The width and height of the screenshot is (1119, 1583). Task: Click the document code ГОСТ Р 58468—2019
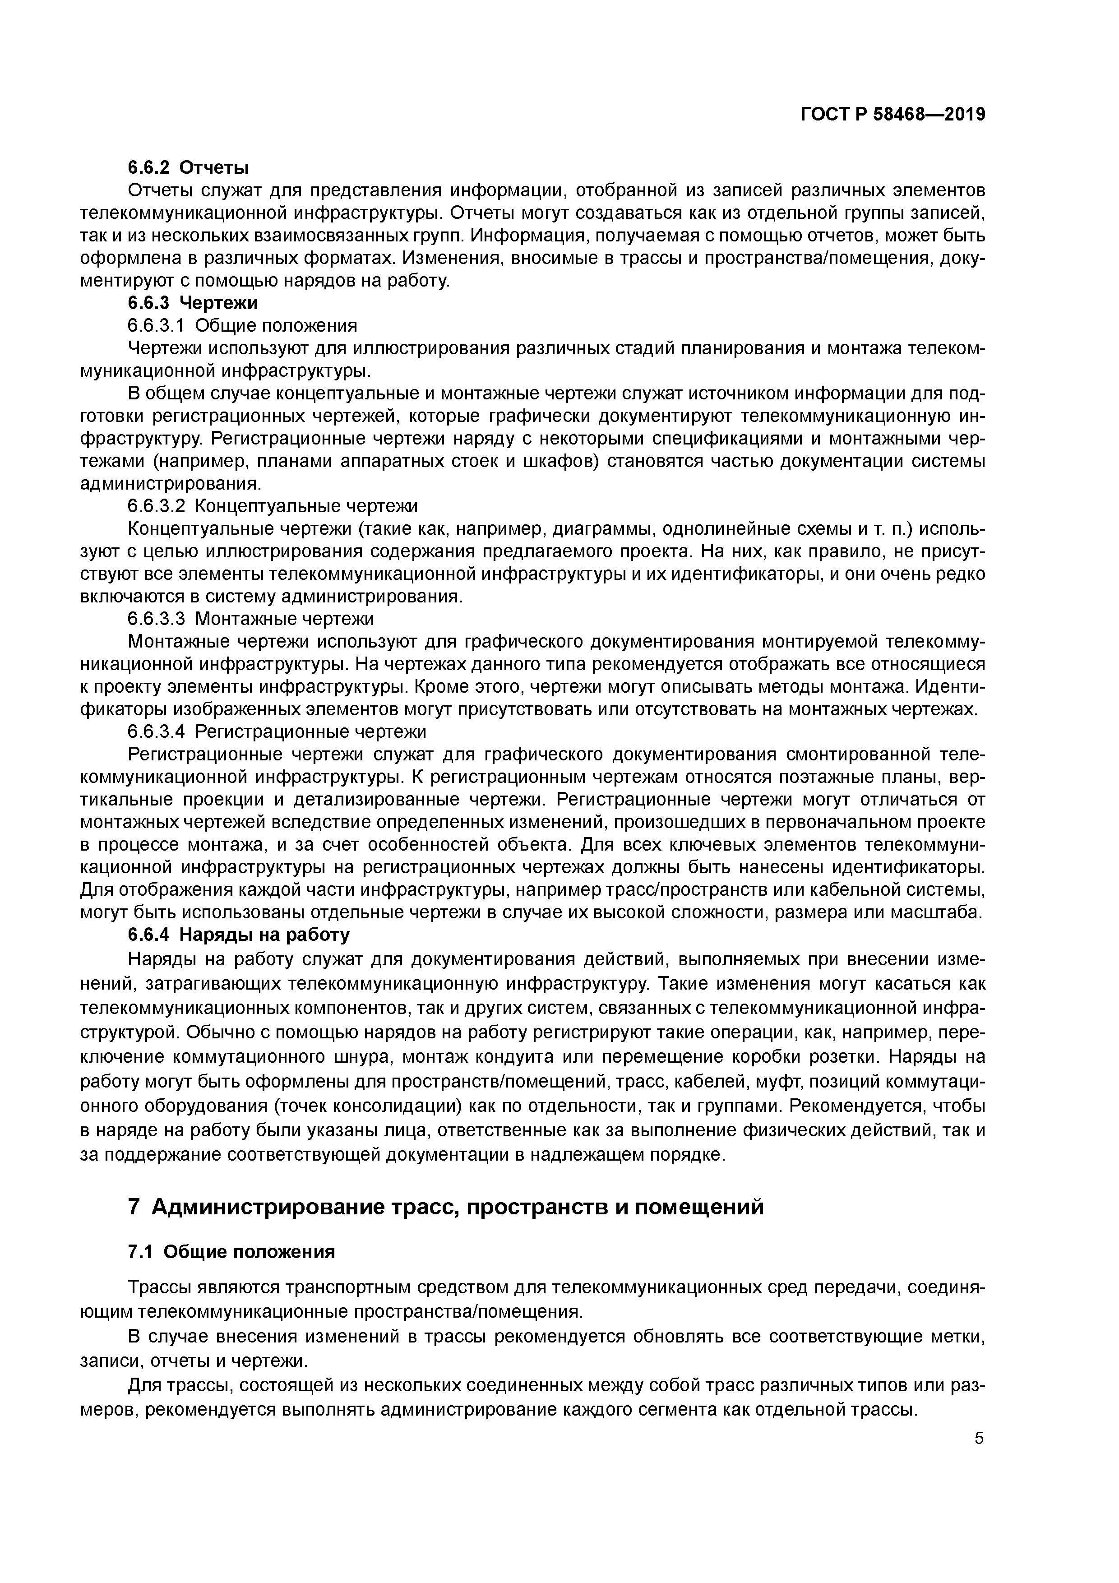point(893,115)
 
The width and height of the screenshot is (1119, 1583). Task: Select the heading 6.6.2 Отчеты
point(188,167)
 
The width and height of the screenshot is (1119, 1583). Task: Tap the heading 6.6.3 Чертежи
point(193,303)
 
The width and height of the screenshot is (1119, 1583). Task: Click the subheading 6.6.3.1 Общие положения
point(243,325)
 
